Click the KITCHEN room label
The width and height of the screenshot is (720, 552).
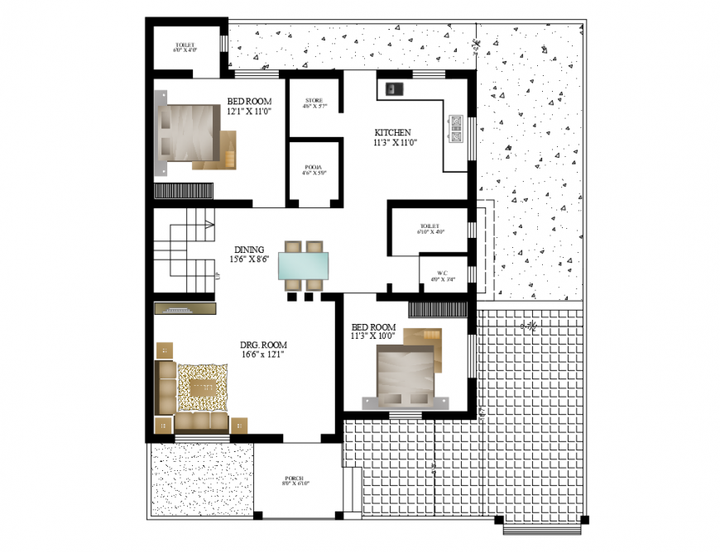[392, 132]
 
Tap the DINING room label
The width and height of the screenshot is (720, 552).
[248, 250]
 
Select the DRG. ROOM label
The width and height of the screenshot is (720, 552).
[263, 345]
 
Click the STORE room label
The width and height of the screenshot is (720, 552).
[314, 101]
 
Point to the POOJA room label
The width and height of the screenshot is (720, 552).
[314, 168]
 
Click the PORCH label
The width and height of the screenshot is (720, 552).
[294, 478]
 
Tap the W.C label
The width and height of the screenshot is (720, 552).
[443, 272]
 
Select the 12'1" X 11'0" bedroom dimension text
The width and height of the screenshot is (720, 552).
[249, 111]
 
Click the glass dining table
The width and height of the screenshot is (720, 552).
[303, 267]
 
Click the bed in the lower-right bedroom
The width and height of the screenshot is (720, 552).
[405, 371]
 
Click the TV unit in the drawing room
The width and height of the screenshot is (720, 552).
[185, 309]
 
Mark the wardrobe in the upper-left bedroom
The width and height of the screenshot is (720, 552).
[184, 190]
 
